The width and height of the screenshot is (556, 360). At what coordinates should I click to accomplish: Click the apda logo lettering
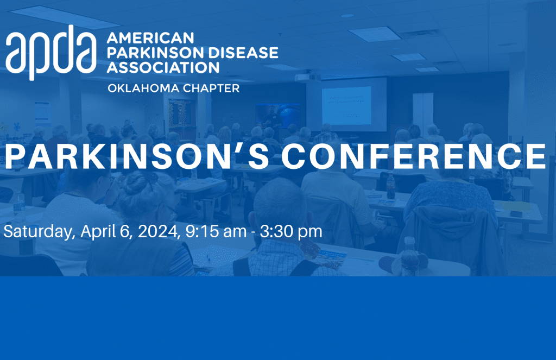click(x=51, y=53)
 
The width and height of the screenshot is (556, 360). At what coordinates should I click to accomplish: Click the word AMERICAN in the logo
click(x=150, y=38)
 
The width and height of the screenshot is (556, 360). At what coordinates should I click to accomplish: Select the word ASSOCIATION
click(x=163, y=67)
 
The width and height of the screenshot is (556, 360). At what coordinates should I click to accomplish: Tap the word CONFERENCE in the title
click(x=414, y=156)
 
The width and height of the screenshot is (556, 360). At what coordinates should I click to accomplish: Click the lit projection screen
click(x=346, y=105)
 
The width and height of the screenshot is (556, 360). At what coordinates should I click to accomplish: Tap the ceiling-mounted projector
click(x=308, y=77)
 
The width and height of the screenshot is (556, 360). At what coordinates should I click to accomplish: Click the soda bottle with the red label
click(x=390, y=186)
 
